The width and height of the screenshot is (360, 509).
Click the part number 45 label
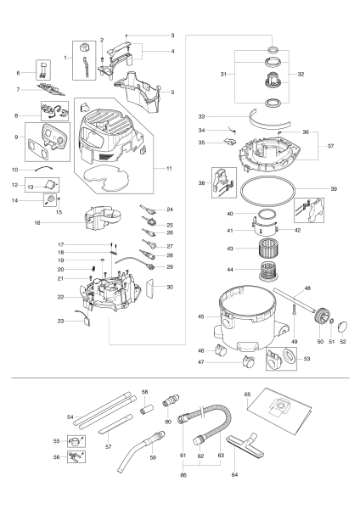point(200,316)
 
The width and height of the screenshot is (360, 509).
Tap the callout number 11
point(169,169)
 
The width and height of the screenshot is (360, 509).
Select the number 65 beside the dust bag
point(248,394)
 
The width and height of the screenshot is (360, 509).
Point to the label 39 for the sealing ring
point(334,188)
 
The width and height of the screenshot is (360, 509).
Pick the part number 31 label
point(222,75)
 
